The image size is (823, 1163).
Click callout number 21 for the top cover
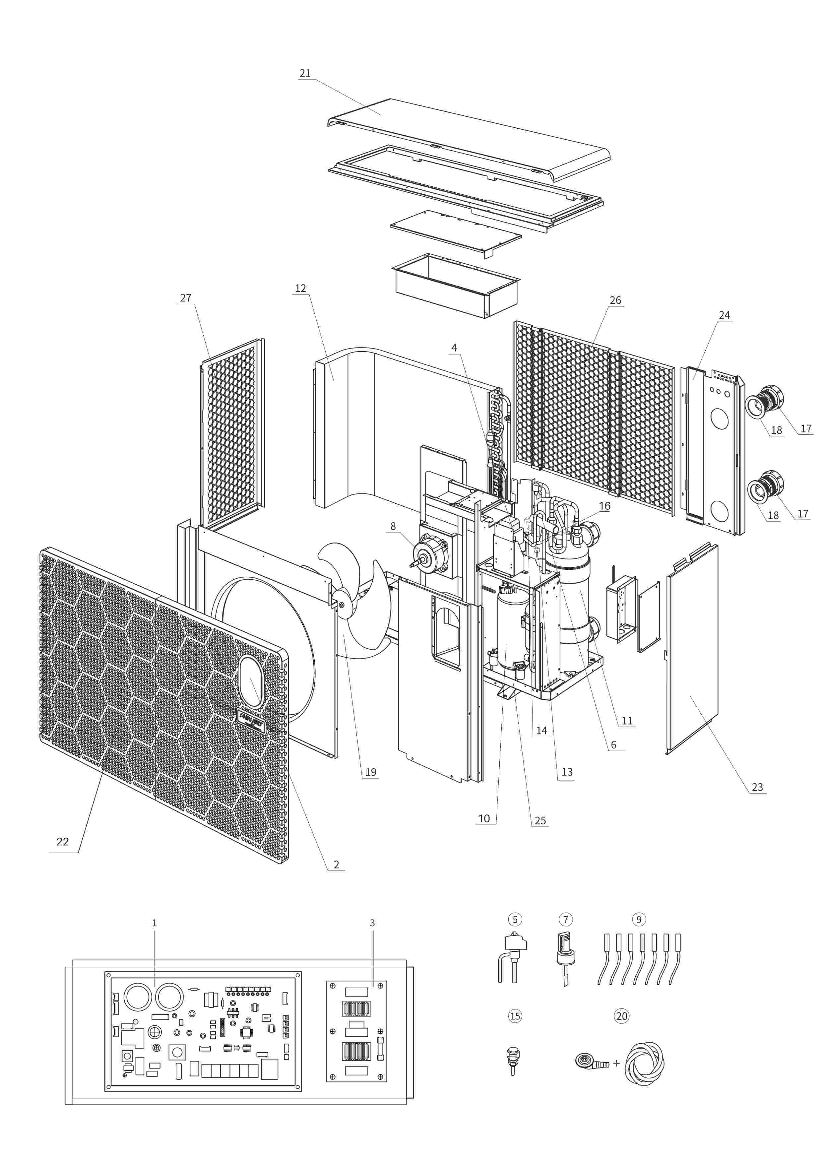tap(305, 74)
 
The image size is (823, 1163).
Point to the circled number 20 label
tap(621, 1016)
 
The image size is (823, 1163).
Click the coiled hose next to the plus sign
tap(644, 1063)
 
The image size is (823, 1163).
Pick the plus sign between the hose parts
tap(616, 1063)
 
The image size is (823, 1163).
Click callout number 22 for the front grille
tap(62, 842)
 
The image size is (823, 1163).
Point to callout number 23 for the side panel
tap(757, 787)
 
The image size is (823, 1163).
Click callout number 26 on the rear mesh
tap(615, 300)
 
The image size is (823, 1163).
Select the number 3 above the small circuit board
tap(372, 923)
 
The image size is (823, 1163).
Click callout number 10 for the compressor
tap(484, 818)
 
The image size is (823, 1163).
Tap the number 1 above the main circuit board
tap(155, 923)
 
